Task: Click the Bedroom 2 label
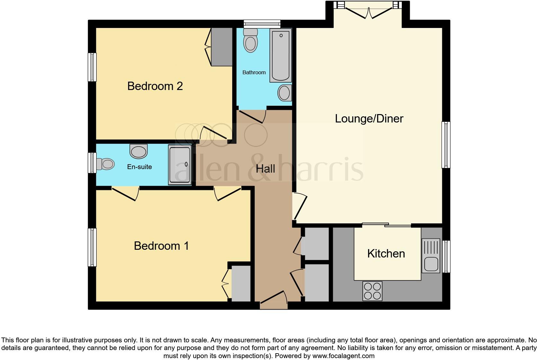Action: click(155, 86)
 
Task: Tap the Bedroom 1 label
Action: click(161, 246)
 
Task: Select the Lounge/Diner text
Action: click(369, 119)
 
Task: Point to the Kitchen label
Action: click(386, 254)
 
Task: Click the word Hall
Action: click(265, 169)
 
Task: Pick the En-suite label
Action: click(139, 167)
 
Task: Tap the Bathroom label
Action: click(254, 72)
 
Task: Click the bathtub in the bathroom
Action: click(281, 55)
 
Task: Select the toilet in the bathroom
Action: click(251, 41)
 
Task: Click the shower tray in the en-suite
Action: click(180, 165)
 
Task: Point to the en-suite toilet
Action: click(105, 164)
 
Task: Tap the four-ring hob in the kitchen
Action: click(372, 291)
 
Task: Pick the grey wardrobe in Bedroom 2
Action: click(222, 47)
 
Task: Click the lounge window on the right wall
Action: click(446, 145)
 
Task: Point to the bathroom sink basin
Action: click(284, 93)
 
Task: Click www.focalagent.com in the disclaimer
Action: click(343, 356)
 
